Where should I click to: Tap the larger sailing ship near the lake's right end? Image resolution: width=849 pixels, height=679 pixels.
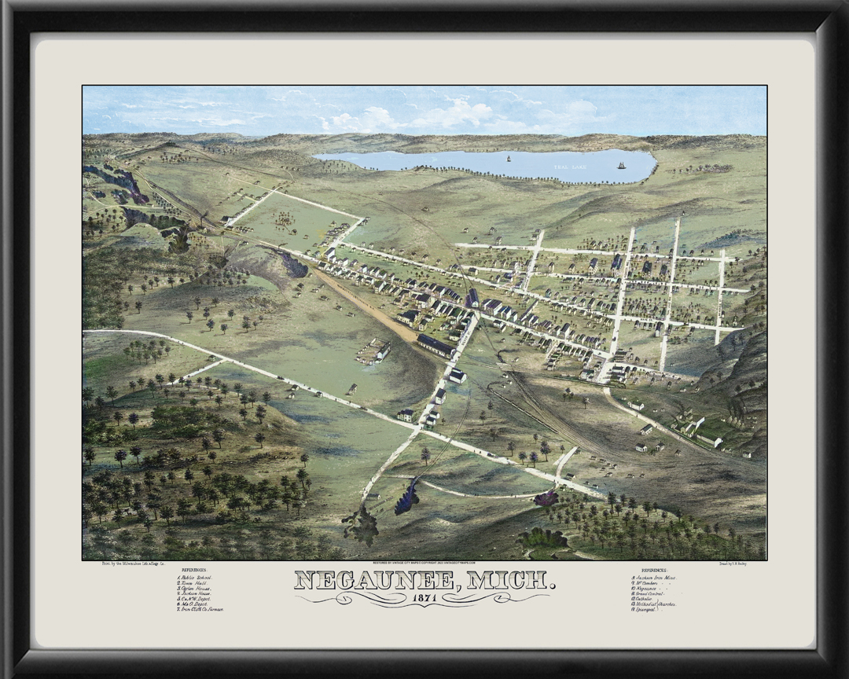pos(621,165)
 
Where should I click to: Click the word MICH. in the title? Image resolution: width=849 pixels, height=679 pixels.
pos(511,581)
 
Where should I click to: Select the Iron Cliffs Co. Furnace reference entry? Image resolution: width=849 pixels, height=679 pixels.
pos(201,609)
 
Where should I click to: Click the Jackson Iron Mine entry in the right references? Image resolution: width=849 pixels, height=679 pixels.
pos(654,578)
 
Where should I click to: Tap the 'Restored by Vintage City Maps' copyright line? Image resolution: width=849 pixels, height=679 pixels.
pos(424,563)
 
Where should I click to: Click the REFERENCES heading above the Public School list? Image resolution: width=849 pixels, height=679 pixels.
pos(194,569)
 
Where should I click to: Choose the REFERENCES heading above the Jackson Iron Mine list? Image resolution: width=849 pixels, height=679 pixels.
pos(653,570)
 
